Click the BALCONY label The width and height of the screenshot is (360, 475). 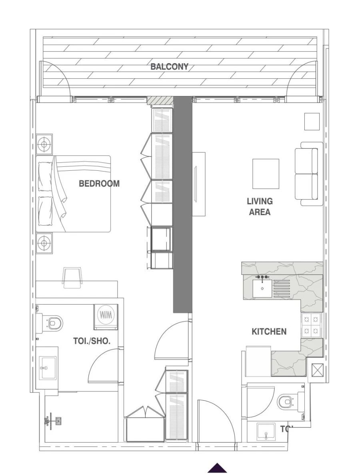(x=169, y=67)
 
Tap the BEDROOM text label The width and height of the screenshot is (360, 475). (x=99, y=184)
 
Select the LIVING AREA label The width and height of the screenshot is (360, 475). (x=260, y=207)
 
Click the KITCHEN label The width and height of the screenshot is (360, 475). (x=269, y=331)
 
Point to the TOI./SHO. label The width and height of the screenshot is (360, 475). (x=92, y=341)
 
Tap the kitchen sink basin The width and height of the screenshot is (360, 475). (x=262, y=288)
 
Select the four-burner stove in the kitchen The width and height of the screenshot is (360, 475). (x=312, y=325)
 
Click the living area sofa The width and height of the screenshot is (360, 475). (x=308, y=174)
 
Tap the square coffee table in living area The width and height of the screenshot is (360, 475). (x=266, y=174)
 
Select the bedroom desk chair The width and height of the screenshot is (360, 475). (x=73, y=277)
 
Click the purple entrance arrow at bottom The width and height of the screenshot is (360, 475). (x=217, y=468)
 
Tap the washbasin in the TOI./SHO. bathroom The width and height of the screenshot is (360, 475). (x=47, y=368)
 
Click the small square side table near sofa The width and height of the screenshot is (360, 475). (x=312, y=122)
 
